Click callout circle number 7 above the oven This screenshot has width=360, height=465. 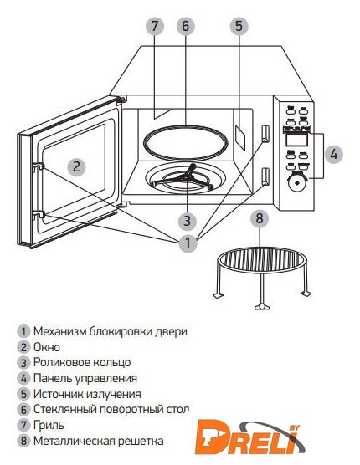(155, 27)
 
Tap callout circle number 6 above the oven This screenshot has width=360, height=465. (186, 27)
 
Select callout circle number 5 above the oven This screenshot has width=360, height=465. (239, 27)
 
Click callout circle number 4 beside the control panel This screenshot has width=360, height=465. (333, 154)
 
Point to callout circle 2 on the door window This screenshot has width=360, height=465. (76, 166)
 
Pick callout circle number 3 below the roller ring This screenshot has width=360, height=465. (188, 221)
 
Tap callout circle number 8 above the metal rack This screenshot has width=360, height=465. (260, 218)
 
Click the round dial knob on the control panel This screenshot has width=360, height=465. (296, 182)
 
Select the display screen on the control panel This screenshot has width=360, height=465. (296, 140)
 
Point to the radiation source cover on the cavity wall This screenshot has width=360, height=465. (240, 137)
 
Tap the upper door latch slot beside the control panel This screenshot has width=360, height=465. (265, 133)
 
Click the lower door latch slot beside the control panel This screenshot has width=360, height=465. (265, 176)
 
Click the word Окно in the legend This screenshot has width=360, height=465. (47, 347)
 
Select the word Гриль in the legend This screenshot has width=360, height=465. (49, 426)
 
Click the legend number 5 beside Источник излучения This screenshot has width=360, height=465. (23, 395)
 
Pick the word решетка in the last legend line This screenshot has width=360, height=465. (141, 441)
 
